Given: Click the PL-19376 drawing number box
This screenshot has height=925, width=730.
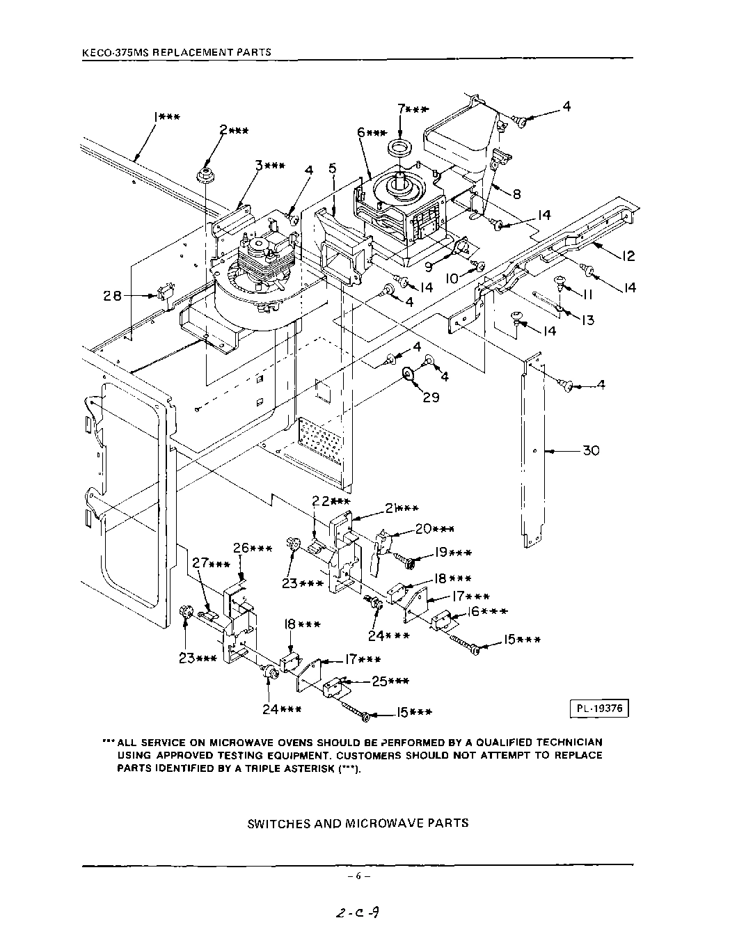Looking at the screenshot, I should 598,709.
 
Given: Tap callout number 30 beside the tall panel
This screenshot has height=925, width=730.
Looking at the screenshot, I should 590,451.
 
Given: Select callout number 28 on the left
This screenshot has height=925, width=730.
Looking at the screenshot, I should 113,296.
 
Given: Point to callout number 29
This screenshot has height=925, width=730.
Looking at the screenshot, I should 431,398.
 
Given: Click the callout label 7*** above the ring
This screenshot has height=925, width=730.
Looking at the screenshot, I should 413,109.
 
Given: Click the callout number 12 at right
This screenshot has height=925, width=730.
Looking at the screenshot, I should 628,257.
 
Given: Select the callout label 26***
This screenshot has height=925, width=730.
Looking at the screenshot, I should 252,548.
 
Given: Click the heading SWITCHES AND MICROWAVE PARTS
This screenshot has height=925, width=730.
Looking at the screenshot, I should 358,823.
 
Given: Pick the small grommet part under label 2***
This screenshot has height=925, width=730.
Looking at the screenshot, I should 205,174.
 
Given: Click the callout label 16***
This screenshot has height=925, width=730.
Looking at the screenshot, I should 486,612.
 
